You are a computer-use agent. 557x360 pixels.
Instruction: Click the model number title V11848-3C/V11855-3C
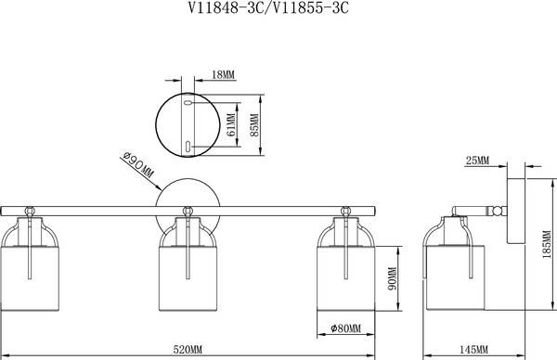pyautogui.click(x=268, y=7)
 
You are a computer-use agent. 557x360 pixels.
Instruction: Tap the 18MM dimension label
pyautogui.click(x=223, y=75)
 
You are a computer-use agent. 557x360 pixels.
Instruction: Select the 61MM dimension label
pyautogui.click(x=231, y=124)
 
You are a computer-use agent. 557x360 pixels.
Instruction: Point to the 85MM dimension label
pyautogui.click(x=254, y=125)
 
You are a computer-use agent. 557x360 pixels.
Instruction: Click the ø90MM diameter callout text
pyautogui.click(x=137, y=165)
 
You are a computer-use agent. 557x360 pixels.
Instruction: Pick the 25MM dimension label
pyautogui.click(x=477, y=161)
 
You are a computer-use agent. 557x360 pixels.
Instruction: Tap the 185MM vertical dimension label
pyautogui.click(x=547, y=244)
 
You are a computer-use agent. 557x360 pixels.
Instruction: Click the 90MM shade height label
pyautogui.click(x=393, y=278)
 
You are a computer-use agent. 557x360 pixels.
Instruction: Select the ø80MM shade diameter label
pyautogui.click(x=345, y=328)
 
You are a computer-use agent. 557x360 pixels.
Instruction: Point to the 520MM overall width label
pyautogui.click(x=188, y=350)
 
